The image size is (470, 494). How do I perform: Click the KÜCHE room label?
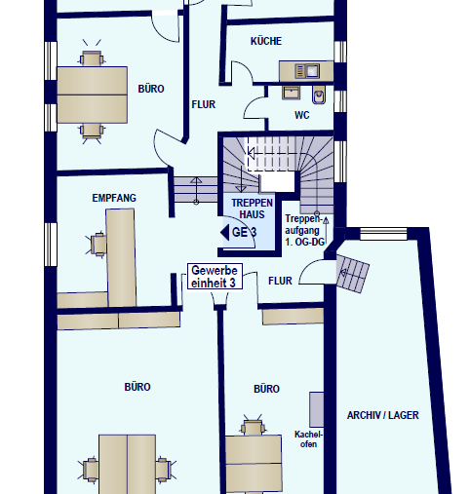click(x=266, y=41)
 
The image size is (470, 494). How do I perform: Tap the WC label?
click(x=302, y=115)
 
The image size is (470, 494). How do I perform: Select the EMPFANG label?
click(x=114, y=198)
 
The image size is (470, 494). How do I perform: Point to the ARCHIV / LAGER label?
click(x=383, y=415)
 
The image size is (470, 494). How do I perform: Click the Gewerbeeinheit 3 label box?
click(x=215, y=277)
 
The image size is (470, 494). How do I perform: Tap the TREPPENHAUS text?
click(x=252, y=209)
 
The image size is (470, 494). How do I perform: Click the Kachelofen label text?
click(x=308, y=439)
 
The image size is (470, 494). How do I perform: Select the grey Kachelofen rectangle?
click(x=316, y=409)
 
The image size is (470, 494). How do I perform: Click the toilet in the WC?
click(x=319, y=95)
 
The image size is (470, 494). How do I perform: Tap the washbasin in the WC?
click(x=291, y=93)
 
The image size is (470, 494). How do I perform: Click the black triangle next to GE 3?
click(x=225, y=233)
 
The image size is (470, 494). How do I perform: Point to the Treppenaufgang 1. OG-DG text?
click(x=305, y=230)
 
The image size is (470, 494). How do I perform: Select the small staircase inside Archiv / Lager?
click(x=352, y=274)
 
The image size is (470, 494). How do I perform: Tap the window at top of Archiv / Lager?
click(x=383, y=234)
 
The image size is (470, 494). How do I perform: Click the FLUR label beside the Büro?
click(x=204, y=104)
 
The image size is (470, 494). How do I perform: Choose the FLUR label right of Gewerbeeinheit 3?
click(x=280, y=281)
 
